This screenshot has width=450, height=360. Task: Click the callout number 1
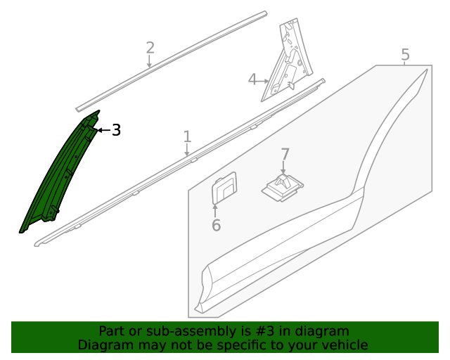(187, 136)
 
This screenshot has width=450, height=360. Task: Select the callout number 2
(150, 48)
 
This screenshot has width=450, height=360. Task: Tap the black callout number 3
(116, 130)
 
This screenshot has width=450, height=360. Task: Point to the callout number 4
(252, 79)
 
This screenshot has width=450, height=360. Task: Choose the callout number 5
(405, 54)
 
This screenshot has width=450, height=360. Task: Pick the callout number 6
(216, 225)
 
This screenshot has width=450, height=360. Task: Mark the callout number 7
(285, 154)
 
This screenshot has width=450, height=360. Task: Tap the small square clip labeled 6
(224, 188)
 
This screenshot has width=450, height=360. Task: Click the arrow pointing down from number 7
(284, 169)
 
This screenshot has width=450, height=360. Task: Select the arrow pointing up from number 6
(216, 209)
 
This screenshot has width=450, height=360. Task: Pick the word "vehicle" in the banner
(345, 345)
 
